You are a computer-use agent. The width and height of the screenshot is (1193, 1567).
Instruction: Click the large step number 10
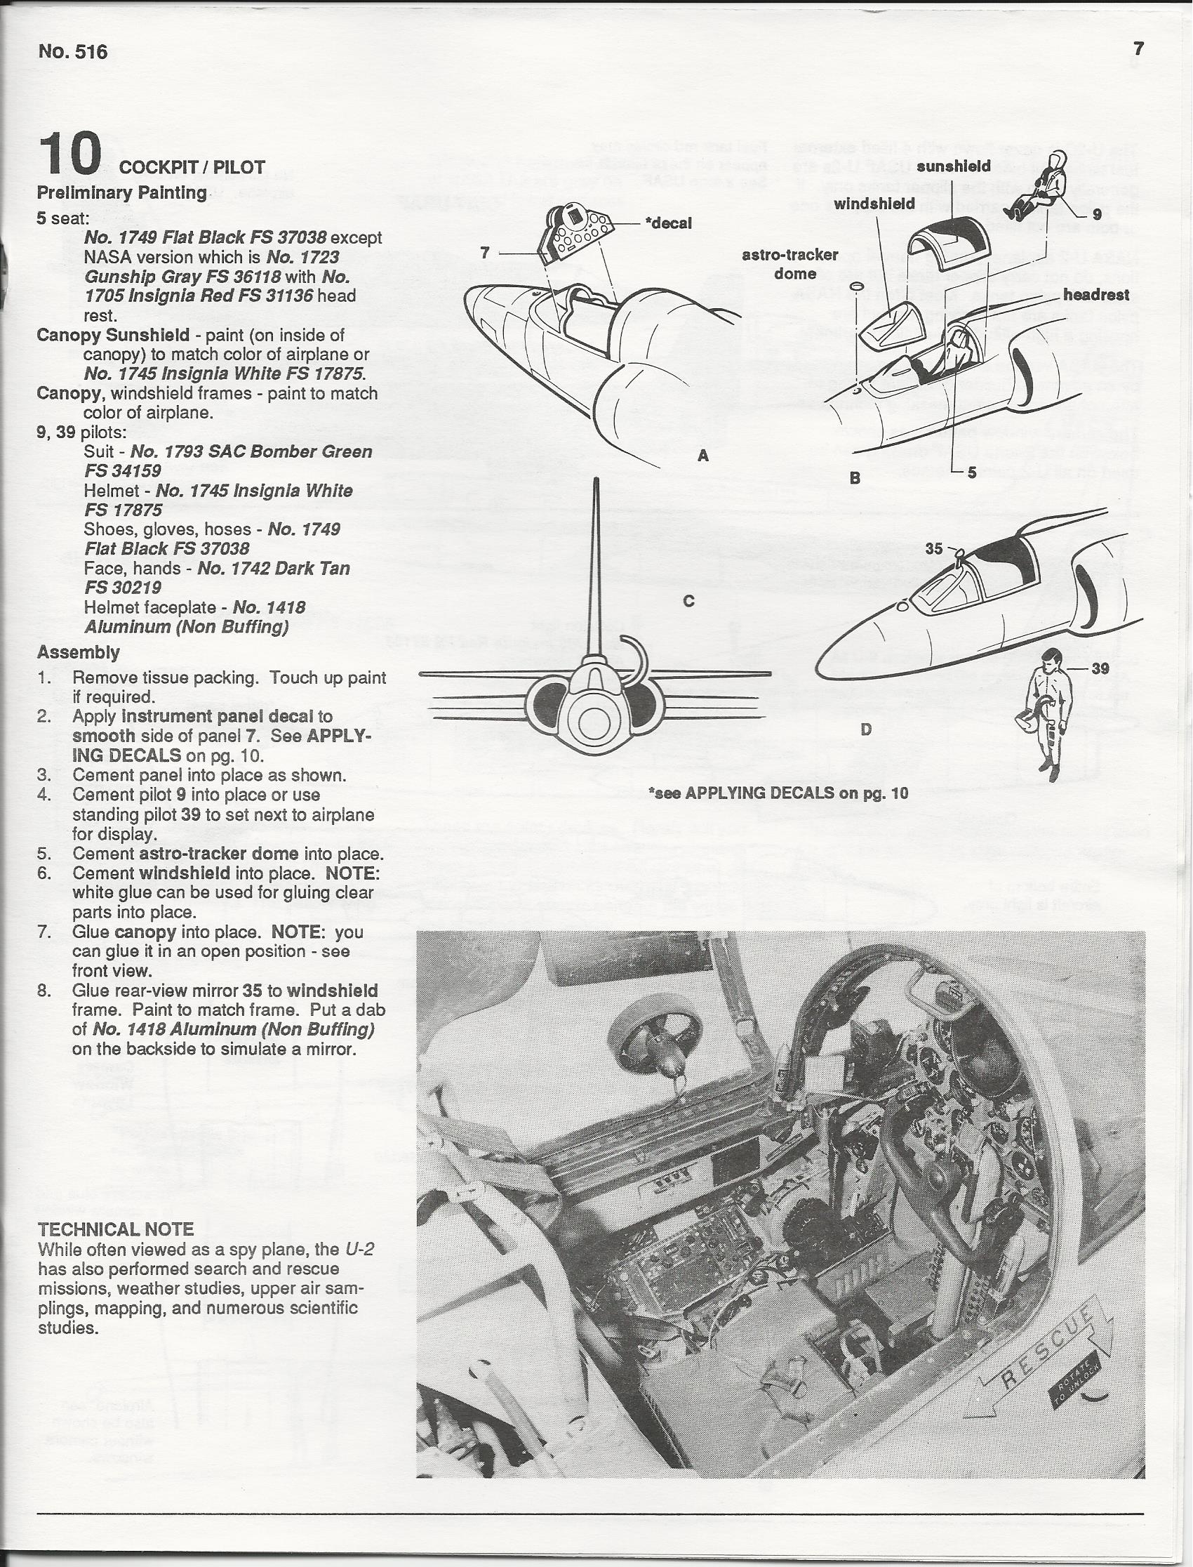70,154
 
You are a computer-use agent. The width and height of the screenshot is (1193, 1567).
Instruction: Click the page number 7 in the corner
1139,49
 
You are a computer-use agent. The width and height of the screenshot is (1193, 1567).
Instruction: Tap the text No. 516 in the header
73,52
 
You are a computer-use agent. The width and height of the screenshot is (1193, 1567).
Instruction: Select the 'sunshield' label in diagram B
953,166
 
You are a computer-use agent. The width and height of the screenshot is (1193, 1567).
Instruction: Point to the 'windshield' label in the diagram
874,204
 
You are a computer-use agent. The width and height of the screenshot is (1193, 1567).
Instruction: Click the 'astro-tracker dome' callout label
790,263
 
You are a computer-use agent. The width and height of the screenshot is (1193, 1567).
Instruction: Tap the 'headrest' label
1095,295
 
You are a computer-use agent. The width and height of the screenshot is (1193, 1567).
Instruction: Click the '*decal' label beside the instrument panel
667,223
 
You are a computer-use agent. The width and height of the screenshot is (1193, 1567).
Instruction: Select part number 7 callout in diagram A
485,252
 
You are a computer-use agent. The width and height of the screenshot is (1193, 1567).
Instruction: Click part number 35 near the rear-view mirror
934,548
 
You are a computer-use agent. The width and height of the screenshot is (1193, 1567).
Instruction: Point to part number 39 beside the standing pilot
1100,668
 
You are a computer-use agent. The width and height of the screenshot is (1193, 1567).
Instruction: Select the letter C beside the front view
688,601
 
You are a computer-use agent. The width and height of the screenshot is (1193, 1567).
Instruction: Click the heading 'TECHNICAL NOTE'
115,1229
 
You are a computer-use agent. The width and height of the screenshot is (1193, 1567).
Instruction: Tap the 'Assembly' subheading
78,652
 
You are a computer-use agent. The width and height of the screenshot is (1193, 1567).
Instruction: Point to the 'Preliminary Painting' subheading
121,192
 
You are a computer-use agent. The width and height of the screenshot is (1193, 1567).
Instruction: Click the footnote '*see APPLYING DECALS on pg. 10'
778,793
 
